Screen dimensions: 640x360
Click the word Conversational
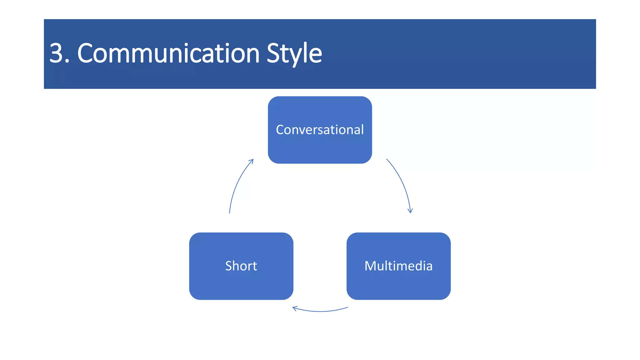(x=320, y=130)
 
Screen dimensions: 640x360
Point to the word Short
(x=241, y=266)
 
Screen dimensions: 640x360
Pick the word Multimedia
(x=398, y=266)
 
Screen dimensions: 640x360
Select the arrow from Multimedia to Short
(x=320, y=311)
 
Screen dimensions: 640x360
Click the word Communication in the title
(x=168, y=53)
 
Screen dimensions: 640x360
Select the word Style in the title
(x=294, y=53)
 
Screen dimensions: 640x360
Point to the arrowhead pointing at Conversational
(x=252, y=161)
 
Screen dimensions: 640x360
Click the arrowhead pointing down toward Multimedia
(x=410, y=211)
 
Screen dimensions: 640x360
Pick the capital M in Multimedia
(x=371, y=266)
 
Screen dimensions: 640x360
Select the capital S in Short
(x=228, y=266)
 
